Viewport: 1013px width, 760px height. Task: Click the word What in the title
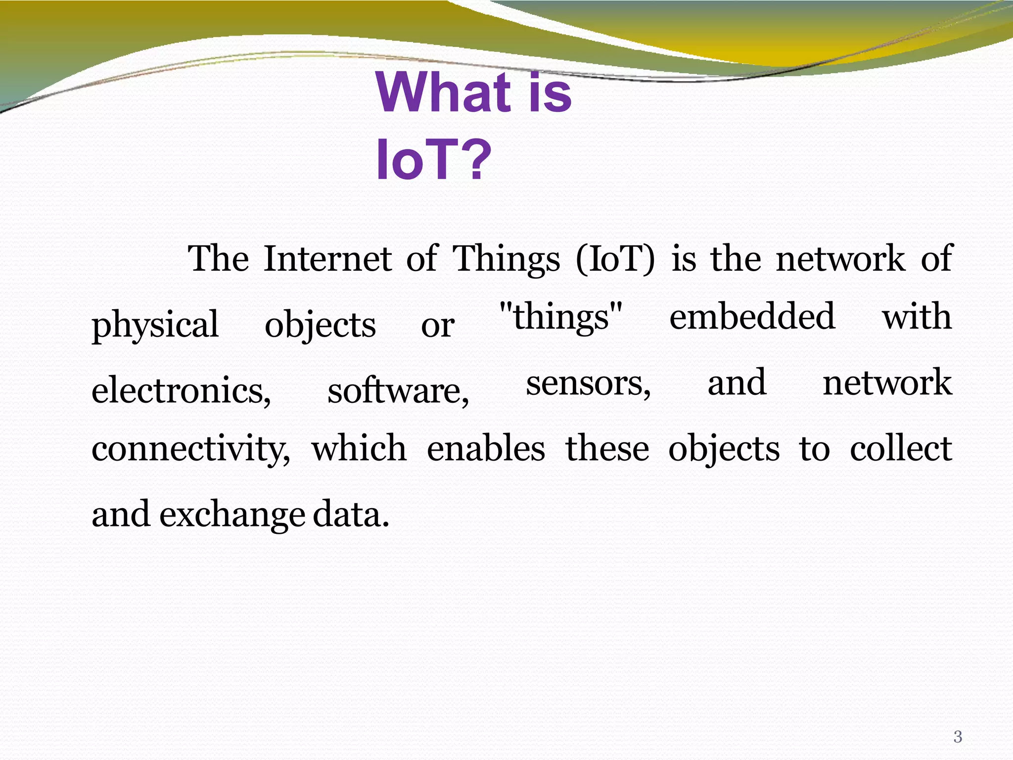pos(443,93)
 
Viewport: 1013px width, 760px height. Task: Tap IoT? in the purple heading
pos(433,160)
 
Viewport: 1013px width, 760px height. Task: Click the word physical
pos(155,325)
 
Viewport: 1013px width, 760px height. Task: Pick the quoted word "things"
pos(561,317)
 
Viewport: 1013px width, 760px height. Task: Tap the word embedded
pos(752,317)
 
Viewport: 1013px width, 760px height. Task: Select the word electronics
pos(181,390)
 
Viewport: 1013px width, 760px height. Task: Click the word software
pos(398,390)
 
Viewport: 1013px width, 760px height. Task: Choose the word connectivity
pos(191,448)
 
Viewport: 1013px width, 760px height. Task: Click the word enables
pos(486,448)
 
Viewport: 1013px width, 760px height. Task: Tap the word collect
pos(901,448)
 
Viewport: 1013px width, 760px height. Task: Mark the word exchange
pos(231,515)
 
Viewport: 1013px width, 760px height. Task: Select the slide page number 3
pos(958,737)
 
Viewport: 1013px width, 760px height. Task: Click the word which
pos(359,448)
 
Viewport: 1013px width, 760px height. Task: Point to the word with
pos(917,317)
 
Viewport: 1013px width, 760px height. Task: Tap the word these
pos(607,448)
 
